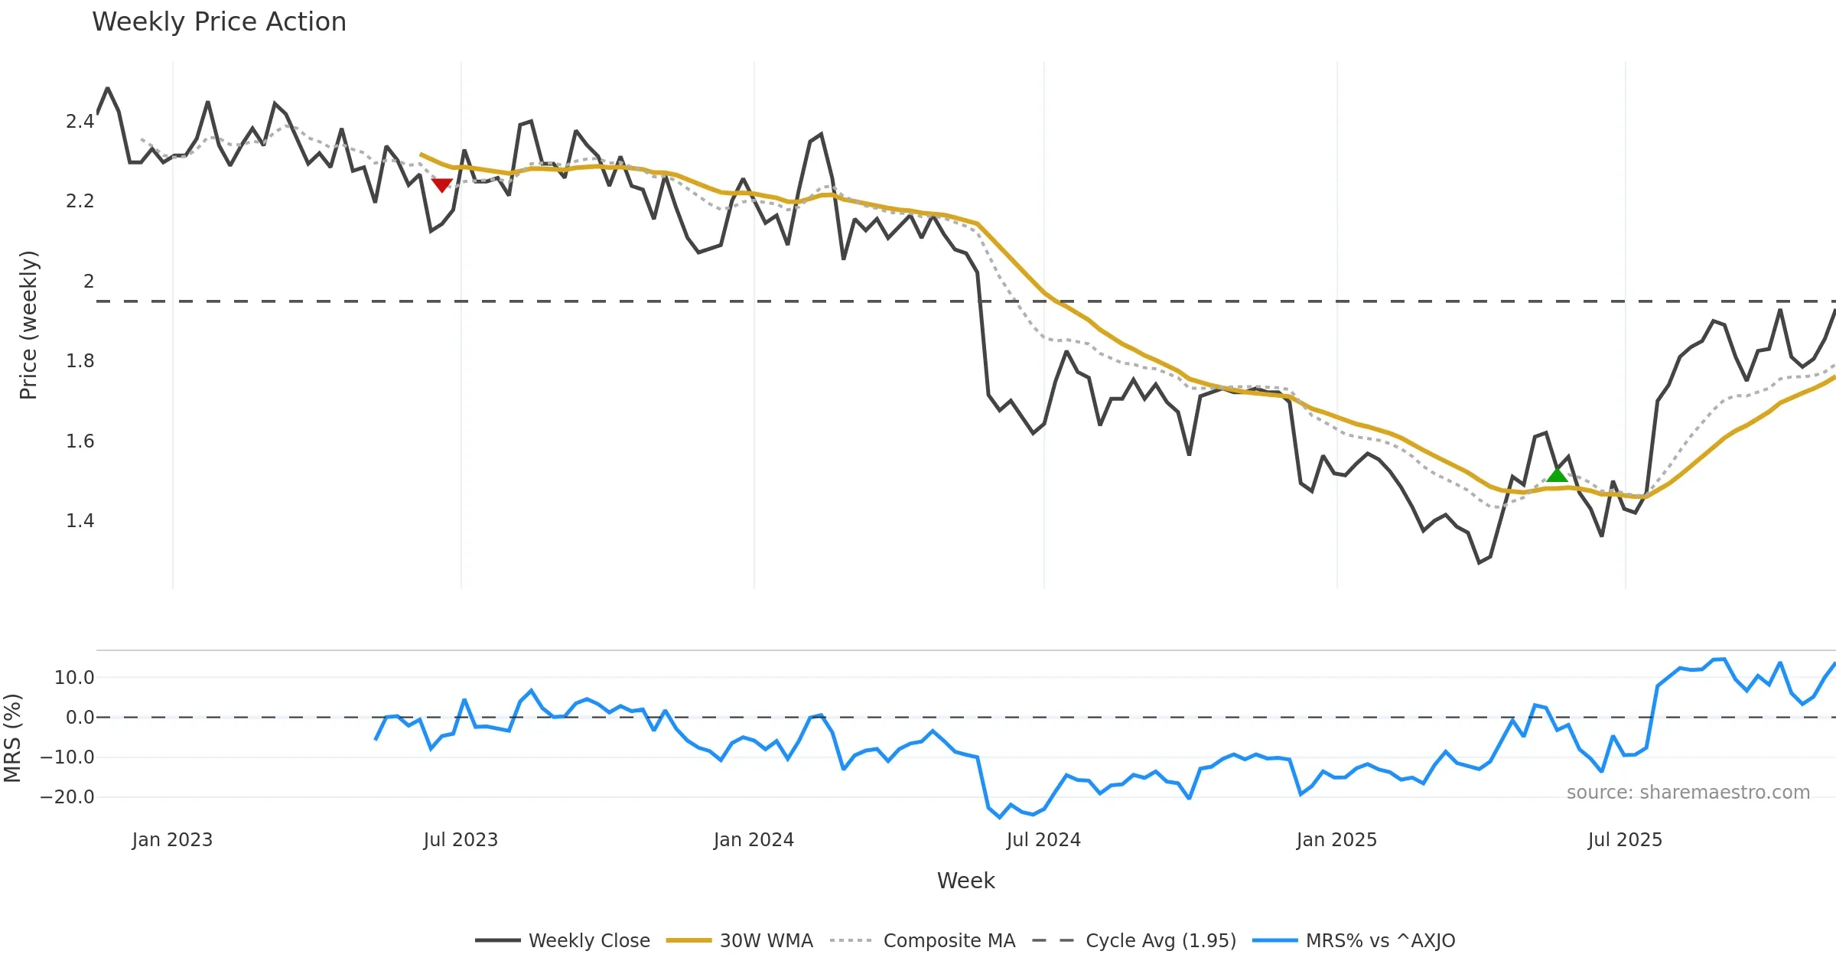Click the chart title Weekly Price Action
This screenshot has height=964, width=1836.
219,22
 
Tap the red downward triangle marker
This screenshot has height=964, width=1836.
442,184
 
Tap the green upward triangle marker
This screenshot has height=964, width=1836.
1557,475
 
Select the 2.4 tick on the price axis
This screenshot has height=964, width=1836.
80,121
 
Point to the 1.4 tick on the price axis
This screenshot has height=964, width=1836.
80,521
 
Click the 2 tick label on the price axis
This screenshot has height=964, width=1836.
89,281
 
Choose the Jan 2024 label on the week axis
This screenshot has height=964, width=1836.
754,839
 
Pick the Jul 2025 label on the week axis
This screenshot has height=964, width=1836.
1625,839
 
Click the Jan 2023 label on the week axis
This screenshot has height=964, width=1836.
172,839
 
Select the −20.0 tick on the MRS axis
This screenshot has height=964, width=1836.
67,796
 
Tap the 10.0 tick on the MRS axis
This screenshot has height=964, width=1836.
74,677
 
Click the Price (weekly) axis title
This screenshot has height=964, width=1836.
28,325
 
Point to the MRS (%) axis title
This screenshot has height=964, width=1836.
13,738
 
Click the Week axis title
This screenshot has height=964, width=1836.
965,881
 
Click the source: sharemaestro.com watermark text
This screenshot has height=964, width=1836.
1688,792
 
